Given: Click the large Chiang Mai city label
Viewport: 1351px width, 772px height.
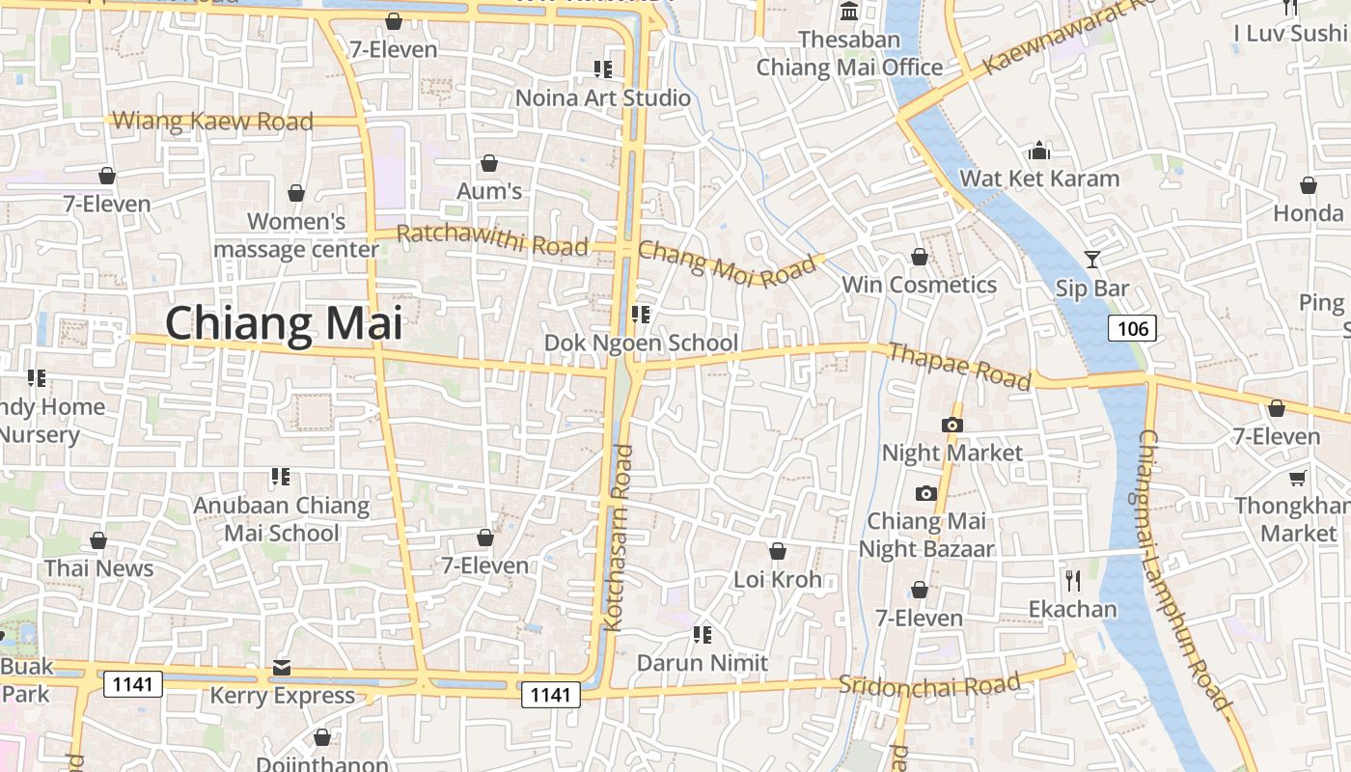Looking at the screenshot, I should coord(285,322).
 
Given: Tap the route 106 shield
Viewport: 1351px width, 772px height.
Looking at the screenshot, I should coord(1132,329).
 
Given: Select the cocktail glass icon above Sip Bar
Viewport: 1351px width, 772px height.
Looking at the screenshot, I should coord(1091,259).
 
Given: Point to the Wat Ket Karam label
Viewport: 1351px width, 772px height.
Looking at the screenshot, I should coord(1039,179).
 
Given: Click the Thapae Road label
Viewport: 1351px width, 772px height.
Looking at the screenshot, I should coord(959,366).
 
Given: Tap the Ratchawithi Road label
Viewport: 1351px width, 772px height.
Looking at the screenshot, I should coord(492,239).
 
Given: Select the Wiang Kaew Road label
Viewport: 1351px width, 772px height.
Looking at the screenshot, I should coord(213,121).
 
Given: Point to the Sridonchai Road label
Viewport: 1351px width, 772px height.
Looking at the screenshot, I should coord(928,684).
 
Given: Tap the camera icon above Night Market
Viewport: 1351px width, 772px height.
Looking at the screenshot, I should coord(952,425).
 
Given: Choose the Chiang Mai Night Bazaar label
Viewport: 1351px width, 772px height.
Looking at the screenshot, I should coord(926,535).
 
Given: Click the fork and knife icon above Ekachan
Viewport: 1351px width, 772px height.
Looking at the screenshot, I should coord(1072,580).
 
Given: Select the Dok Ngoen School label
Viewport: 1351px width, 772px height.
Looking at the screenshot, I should coord(641,343).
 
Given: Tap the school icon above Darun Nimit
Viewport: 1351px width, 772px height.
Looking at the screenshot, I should coord(703,635).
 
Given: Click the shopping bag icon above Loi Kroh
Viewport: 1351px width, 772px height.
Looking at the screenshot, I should coord(777,551).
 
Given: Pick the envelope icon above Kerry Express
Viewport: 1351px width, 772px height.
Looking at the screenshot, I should coord(282,667).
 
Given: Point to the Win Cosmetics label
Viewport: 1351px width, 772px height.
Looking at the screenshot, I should coord(919,285).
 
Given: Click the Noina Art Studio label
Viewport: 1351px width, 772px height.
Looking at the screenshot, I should coord(603,97).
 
